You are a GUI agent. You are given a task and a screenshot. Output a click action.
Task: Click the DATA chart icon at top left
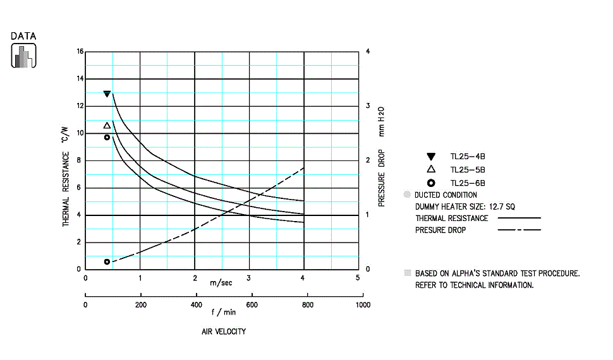23,56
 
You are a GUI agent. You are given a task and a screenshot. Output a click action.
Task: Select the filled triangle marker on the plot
107,94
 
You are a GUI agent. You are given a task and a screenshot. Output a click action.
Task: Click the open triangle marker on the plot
107,125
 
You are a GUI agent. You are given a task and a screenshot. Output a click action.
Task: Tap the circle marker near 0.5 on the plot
107,261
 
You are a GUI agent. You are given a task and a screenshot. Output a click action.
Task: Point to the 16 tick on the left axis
80,51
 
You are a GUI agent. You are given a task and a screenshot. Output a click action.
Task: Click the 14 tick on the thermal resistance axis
80,78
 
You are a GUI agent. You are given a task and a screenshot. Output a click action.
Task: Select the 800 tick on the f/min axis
308,304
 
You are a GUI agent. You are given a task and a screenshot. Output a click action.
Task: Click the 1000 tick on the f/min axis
363,304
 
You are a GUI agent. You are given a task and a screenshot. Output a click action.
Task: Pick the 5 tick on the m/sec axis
358,277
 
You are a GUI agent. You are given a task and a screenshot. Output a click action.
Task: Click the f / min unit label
223,311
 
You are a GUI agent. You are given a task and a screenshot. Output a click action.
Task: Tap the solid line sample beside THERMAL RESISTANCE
519,218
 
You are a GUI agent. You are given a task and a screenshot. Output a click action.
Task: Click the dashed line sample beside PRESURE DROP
519,230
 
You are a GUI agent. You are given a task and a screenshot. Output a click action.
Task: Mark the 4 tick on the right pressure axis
368,51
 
